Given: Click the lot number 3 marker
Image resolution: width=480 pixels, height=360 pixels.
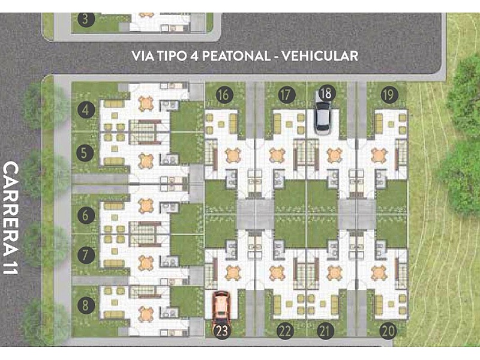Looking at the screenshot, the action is pyautogui.click(x=85, y=19).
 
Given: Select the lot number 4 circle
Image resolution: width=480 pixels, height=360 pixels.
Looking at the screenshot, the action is pyautogui.click(x=86, y=110).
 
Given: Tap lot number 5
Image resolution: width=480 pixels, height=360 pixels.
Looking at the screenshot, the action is pyautogui.click(x=85, y=153).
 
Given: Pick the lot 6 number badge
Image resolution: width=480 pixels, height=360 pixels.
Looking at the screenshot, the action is pyautogui.click(x=85, y=215).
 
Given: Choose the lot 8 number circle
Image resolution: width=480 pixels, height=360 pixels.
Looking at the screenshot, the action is pyautogui.click(x=85, y=305).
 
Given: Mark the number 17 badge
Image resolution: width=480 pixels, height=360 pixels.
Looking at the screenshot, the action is pyautogui.click(x=286, y=95).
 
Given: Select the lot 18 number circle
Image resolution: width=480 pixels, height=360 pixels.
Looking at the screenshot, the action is pyautogui.click(x=326, y=94).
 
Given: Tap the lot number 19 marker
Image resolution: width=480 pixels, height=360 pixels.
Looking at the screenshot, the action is pyautogui.click(x=389, y=95).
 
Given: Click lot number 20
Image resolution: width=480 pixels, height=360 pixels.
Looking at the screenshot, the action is pyautogui.click(x=388, y=331).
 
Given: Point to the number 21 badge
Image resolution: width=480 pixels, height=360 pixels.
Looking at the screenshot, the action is pyautogui.click(x=325, y=331).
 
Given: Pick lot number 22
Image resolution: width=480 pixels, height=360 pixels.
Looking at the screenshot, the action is pyautogui.click(x=286, y=331).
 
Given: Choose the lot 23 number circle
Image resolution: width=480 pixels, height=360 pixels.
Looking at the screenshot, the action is pyautogui.click(x=222, y=331).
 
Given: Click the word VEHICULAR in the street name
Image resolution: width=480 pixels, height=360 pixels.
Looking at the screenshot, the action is pyautogui.click(x=320, y=56).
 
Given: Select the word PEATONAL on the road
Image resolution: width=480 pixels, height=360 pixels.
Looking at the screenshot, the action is pyautogui.click(x=236, y=56).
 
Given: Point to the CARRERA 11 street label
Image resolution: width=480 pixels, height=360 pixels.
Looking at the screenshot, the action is pyautogui.click(x=11, y=218).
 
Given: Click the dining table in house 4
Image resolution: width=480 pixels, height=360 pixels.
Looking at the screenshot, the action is pyautogui.click(x=146, y=103).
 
